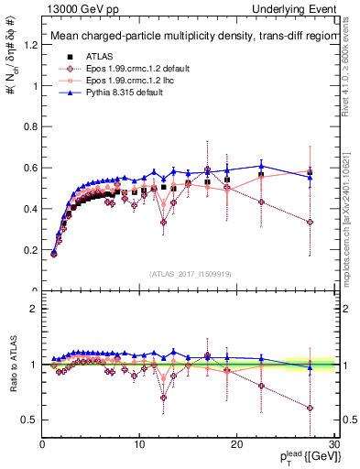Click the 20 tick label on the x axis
point(236,444)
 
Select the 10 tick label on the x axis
point(139,444)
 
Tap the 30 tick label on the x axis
point(333,444)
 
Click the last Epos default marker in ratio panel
point(311,408)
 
